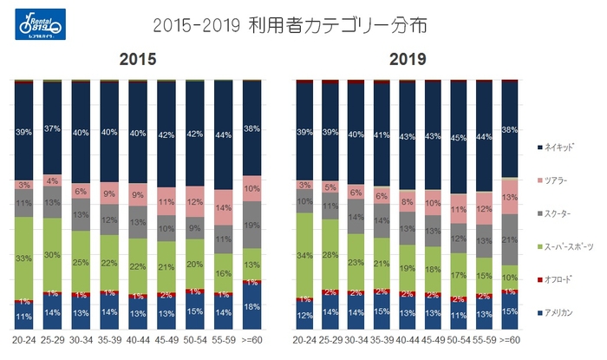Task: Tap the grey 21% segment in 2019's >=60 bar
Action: coord(509,239)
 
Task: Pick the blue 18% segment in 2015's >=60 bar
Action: coord(251,308)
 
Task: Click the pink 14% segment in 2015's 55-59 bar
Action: coord(223,208)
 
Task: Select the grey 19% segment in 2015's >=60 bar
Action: coord(251,224)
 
